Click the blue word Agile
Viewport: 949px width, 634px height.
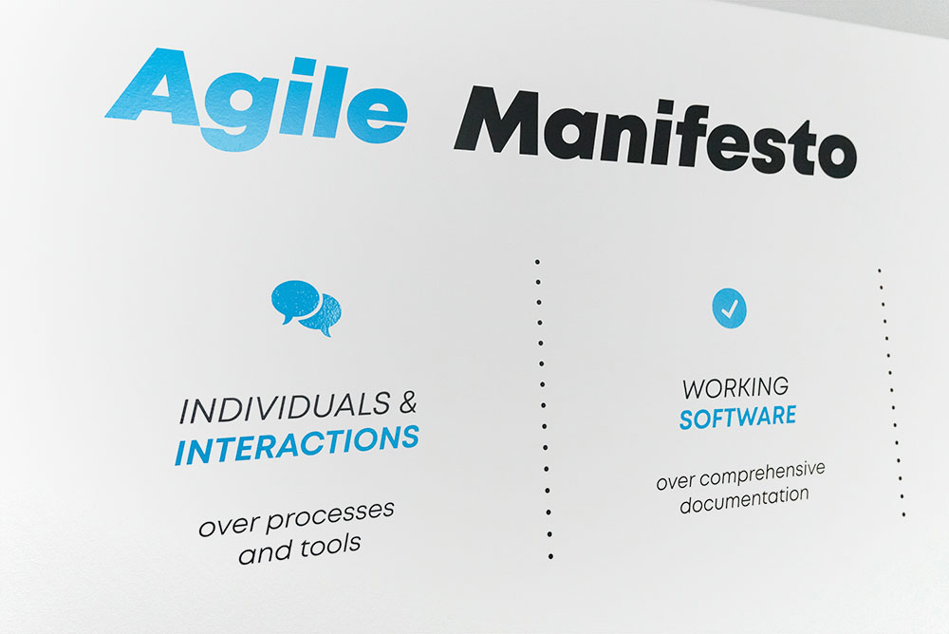point(257,98)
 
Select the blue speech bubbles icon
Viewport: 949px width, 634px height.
point(307,307)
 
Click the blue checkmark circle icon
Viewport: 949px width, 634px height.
point(729,308)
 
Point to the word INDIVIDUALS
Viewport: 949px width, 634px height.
point(285,408)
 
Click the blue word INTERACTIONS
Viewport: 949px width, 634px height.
point(297,445)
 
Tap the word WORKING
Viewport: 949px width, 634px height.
point(736,387)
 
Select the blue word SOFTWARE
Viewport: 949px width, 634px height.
point(737,418)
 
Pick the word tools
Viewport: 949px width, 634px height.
point(331,546)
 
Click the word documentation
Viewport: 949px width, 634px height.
point(744,499)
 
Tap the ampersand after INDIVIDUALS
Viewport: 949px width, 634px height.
point(408,402)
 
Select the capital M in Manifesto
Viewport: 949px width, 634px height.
point(497,121)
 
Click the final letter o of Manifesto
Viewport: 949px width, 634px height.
point(838,157)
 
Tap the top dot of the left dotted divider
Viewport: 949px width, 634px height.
point(537,262)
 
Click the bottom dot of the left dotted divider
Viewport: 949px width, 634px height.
point(550,556)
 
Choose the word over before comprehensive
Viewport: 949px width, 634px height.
point(676,482)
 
